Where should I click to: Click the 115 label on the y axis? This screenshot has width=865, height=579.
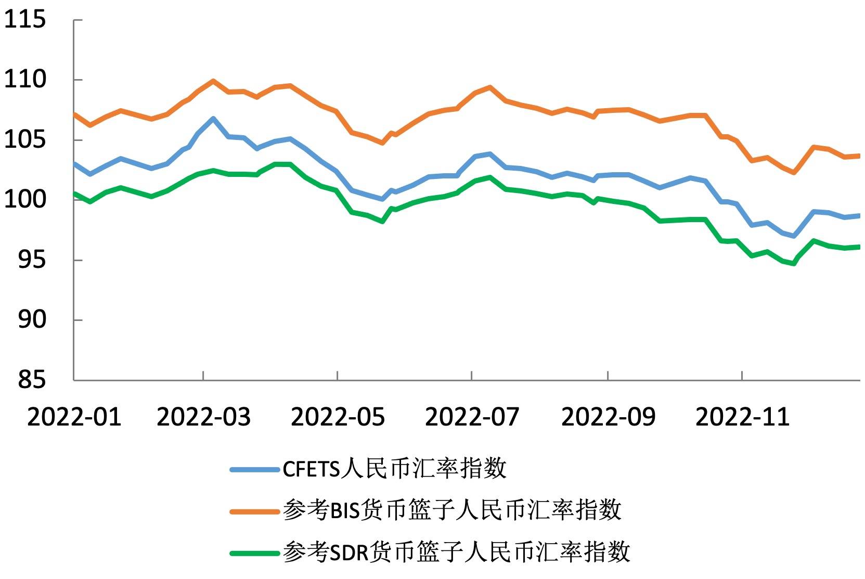(24, 20)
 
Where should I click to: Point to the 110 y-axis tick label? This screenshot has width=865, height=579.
(24, 80)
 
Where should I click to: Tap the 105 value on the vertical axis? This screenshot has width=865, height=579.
(24, 140)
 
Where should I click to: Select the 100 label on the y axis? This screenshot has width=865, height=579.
(24, 200)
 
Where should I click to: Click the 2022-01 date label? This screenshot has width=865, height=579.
(74, 417)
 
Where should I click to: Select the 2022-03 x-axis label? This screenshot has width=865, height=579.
(203, 417)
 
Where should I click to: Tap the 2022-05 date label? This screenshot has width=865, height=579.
(338, 417)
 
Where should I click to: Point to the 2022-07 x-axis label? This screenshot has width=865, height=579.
(472, 417)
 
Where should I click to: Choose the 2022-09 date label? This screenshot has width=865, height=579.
(608, 417)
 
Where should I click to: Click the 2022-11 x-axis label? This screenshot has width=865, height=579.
(742, 417)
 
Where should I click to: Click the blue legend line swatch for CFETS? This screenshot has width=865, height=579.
(255, 470)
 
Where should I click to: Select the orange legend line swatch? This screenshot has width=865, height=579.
(255, 511)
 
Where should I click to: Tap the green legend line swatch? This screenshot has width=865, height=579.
(255, 553)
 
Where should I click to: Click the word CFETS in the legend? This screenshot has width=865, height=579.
(311, 470)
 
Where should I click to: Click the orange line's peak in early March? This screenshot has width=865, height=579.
(213, 81)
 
